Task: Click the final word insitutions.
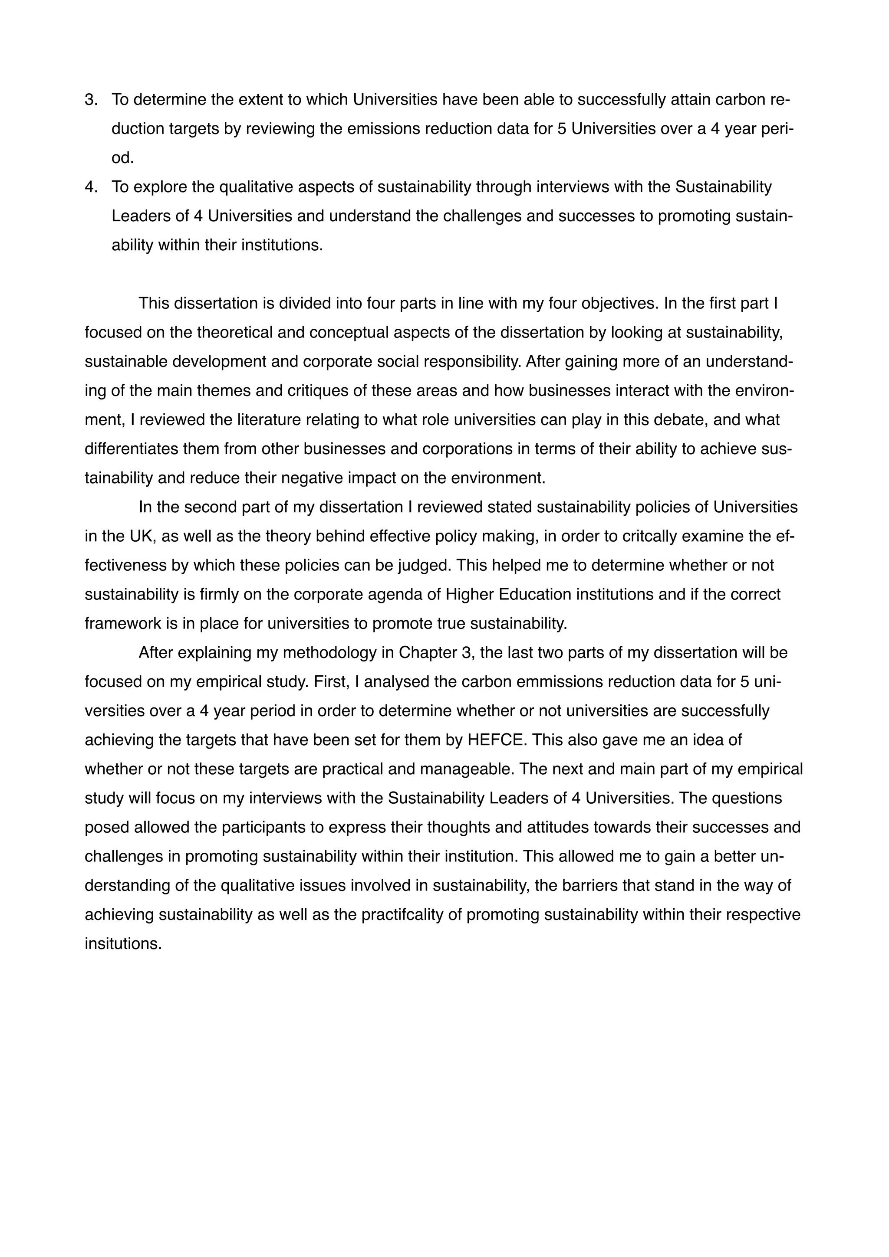123,943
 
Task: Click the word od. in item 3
123,158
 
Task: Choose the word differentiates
132,449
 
